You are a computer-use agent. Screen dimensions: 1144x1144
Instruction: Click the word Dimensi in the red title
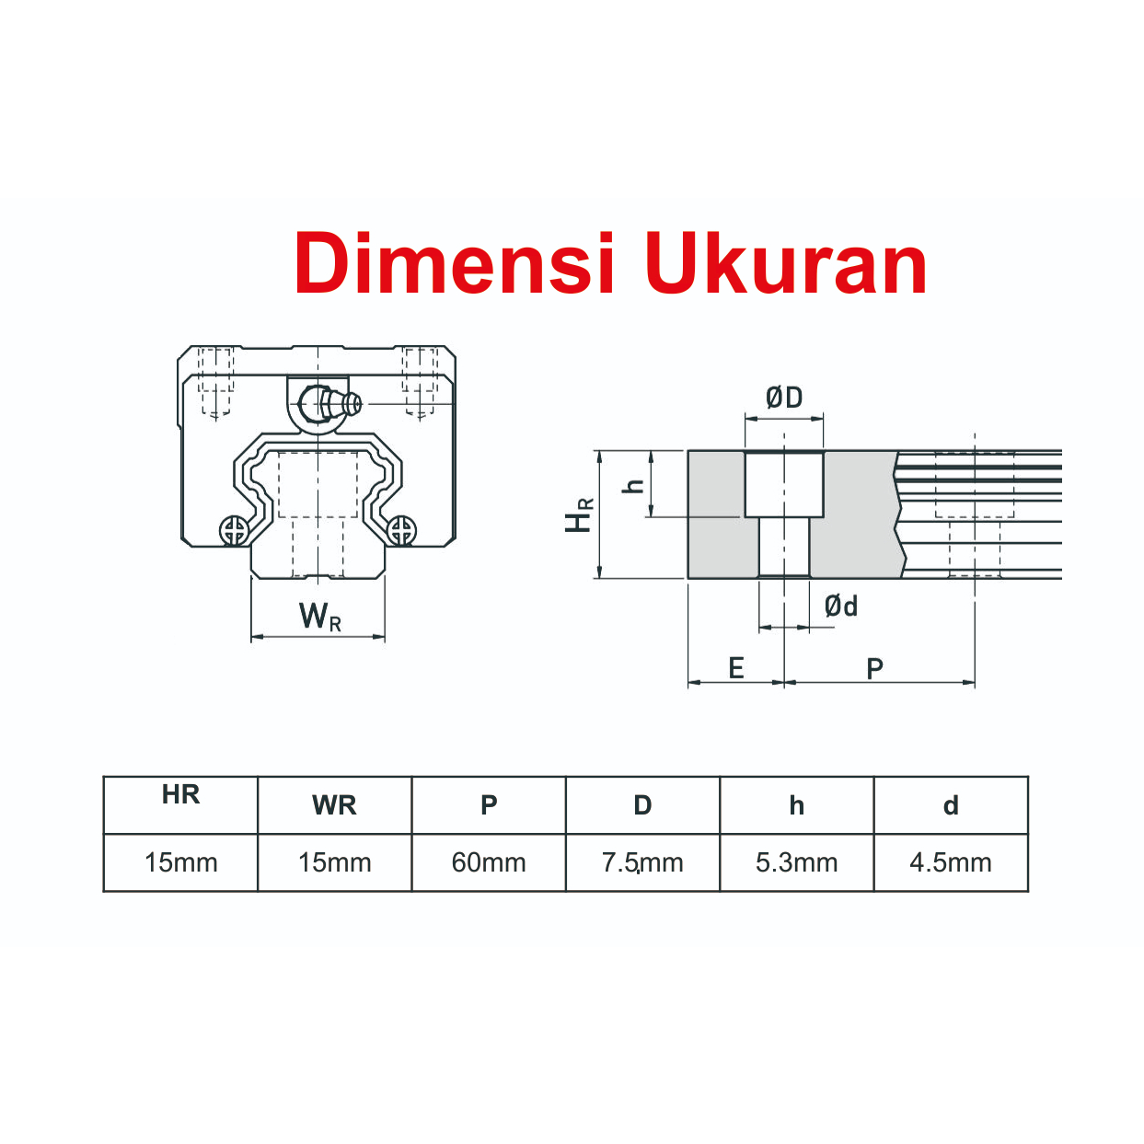454,263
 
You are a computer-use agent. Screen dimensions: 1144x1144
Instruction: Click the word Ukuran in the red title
786,263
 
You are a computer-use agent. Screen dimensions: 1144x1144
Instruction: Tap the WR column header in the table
334,805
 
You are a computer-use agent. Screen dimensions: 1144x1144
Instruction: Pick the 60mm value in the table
489,862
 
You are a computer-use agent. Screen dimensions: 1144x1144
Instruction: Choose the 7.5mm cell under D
642,862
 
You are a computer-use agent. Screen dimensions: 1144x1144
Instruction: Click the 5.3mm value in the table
797,862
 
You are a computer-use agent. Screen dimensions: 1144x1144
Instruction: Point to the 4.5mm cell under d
951,862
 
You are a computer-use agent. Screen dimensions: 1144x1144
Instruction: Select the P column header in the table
489,805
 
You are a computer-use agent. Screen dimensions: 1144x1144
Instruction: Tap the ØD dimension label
783,398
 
